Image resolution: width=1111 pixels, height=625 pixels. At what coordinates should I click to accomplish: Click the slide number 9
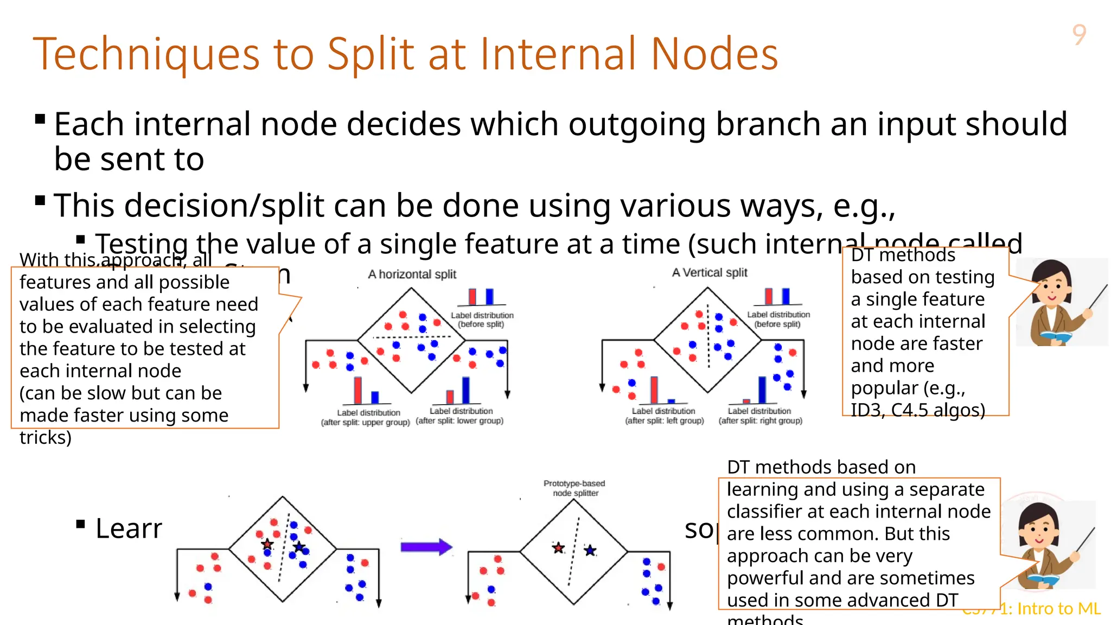(x=1079, y=35)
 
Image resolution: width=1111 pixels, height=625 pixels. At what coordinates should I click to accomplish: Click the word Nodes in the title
(x=714, y=54)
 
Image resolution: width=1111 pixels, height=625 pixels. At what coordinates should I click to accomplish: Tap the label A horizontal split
(x=412, y=275)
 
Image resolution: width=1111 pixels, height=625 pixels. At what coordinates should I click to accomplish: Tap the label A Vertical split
(x=709, y=273)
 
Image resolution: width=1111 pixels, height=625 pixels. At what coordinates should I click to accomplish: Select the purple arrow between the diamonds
(x=426, y=547)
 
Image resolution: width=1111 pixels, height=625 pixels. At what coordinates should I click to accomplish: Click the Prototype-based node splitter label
(x=574, y=488)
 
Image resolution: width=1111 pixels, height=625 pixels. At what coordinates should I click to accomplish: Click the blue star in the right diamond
(x=590, y=551)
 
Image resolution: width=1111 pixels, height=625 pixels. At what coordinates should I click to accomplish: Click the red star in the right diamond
(x=558, y=548)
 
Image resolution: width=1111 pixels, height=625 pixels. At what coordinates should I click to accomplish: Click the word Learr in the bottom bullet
(x=129, y=528)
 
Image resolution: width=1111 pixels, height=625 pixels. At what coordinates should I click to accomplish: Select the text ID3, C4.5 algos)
(x=917, y=410)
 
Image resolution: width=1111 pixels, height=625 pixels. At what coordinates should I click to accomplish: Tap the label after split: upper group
(x=365, y=423)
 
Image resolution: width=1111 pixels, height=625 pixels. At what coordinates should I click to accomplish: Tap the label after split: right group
(x=760, y=421)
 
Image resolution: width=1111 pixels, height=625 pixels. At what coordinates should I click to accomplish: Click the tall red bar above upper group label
(x=357, y=390)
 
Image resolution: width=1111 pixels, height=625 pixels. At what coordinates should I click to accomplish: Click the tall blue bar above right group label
(x=762, y=389)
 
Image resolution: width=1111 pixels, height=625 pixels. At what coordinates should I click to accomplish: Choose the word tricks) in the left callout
(x=46, y=437)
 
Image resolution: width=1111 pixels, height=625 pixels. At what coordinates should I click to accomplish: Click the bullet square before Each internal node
(x=40, y=119)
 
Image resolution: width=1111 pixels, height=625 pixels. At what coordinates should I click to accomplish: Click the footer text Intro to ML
(x=1058, y=609)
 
